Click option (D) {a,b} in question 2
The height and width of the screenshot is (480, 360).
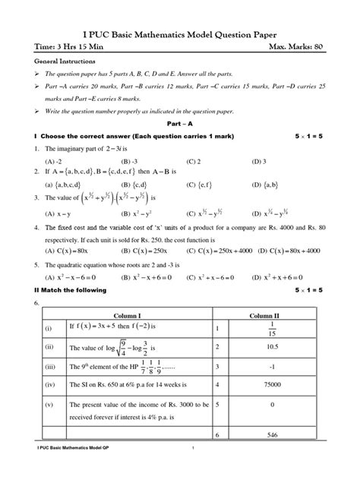(267, 185)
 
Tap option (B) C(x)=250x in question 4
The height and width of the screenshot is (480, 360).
(137, 249)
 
